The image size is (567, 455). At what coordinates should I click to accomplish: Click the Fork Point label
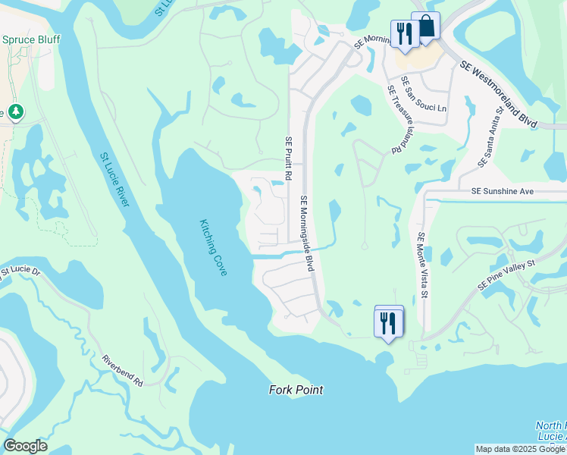[x=296, y=390]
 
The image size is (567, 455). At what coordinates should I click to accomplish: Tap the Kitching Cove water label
[x=213, y=248]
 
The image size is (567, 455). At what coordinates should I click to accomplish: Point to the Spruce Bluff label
[x=31, y=39]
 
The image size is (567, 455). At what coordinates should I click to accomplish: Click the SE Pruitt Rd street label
[x=288, y=158]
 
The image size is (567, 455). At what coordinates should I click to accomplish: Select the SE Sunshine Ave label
[x=503, y=193]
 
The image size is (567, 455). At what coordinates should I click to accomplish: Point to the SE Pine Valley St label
[x=506, y=275]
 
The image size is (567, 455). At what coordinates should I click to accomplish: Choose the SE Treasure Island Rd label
[x=394, y=119]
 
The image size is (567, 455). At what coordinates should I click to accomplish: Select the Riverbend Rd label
[x=122, y=370]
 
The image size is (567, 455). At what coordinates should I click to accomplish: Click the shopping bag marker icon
[x=426, y=27]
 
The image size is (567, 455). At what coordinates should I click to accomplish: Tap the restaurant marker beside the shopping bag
[x=403, y=33]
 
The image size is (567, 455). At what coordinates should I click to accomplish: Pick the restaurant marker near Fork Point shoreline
[x=389, y=322]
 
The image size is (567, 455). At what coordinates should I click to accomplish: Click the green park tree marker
[x=14, y=113]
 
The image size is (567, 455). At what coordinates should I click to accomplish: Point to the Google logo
[x=25, y=446]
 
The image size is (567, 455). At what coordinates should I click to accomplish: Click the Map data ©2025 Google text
[x=519, y=449]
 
